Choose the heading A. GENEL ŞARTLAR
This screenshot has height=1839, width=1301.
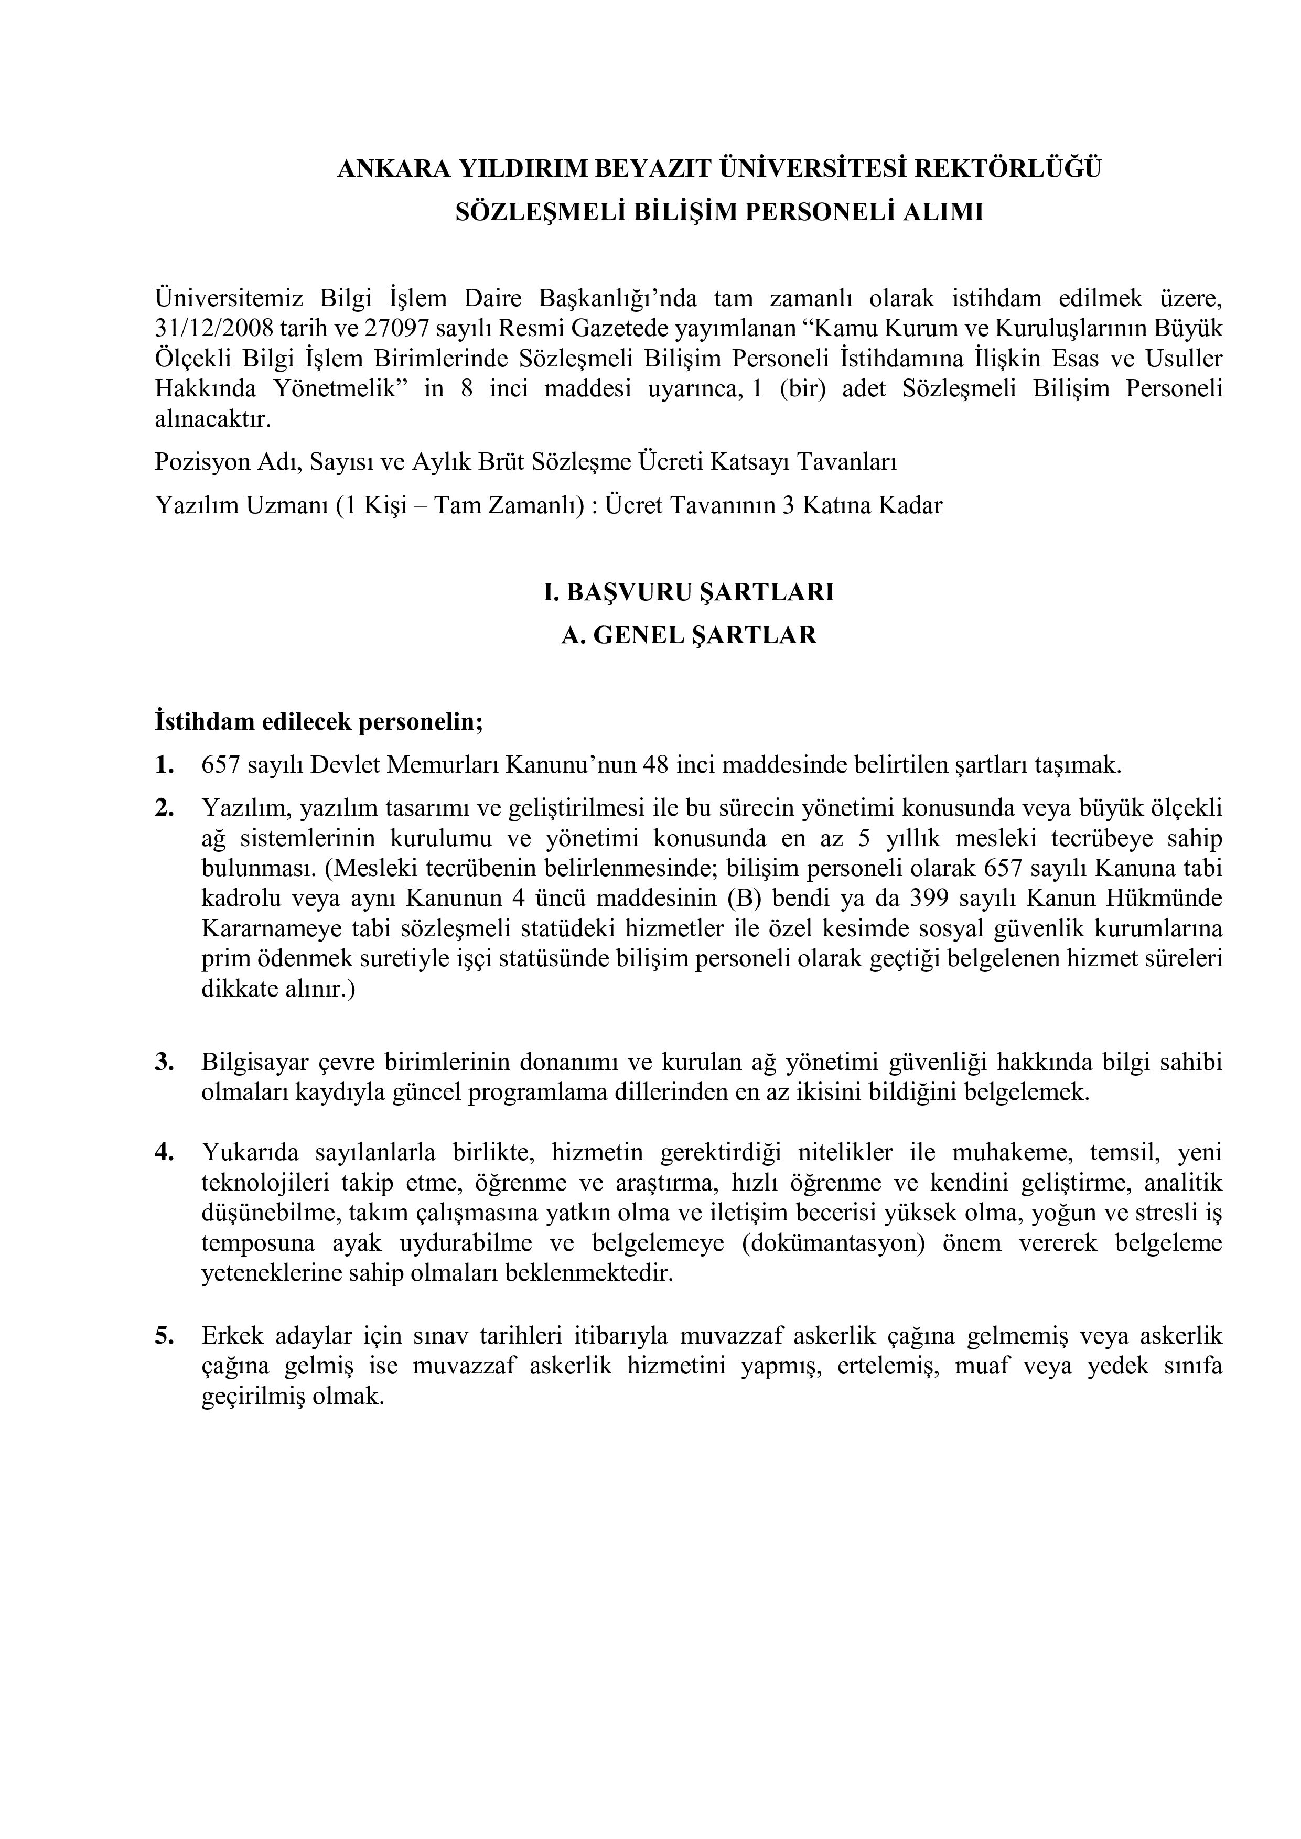pyautogui.click(x=689, y=635)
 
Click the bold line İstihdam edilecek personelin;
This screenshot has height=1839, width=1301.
pyautogui.click(x=319, y=722)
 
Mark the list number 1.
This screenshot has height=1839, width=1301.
pyautogui.click(x=164, y=765)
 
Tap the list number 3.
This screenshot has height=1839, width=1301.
pyautogui.click(x=164, y=1062)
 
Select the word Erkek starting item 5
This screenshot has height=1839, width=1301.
pyautogui.click(x=231, y=1336)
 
